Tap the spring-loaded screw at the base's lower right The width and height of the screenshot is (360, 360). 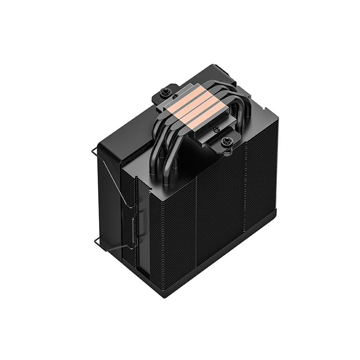pos(225,141)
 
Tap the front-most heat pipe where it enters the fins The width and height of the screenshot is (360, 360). pos(166,180)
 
